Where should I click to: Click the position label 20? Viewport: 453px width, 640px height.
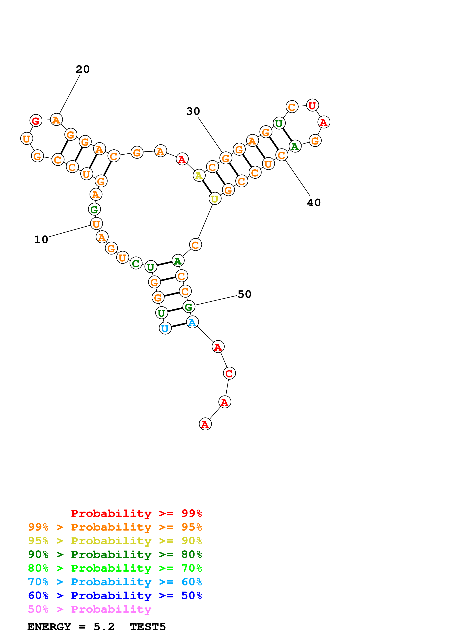pyautogui.click(x=83, y=69)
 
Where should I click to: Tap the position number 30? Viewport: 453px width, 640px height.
pyautogui.click(x=193, y=111)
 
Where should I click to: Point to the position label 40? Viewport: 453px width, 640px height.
pyautogui.click(x=314, y=203)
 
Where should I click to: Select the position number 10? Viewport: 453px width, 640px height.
pyautogui.click(x=41, y=239)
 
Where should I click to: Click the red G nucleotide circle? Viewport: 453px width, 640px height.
pyautogui.click(x=36, y=121)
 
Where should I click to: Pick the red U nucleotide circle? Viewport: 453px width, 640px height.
pyautogui.click(x=312, y=106)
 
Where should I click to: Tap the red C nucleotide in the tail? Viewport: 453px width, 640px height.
pyautogui.click(x=229, y=373)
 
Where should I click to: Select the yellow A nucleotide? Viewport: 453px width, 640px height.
pyautogui.click(x=199, y=176)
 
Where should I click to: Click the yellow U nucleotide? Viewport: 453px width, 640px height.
pyautogui.click(x=215, y=199)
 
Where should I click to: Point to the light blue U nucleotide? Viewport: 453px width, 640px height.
pyautogui.click(x=165, y=328)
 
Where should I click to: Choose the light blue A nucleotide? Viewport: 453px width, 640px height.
pyautogui.click(x=192, y=322)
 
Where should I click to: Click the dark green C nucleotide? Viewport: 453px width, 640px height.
pyautogui.click(x=136, y=263)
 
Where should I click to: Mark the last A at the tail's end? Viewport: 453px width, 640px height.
pyautogui.click(x=205, y=424)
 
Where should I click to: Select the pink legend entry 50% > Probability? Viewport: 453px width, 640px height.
pyautogui.click(x=90, y=609)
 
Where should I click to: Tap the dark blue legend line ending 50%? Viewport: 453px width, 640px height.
pyautogui.click(x=115, y=596)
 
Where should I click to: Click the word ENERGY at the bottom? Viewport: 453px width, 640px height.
pyautogui.click(x=49, y=627)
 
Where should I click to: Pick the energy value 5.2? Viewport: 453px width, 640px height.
pyautogui.click(x=104, y=627)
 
